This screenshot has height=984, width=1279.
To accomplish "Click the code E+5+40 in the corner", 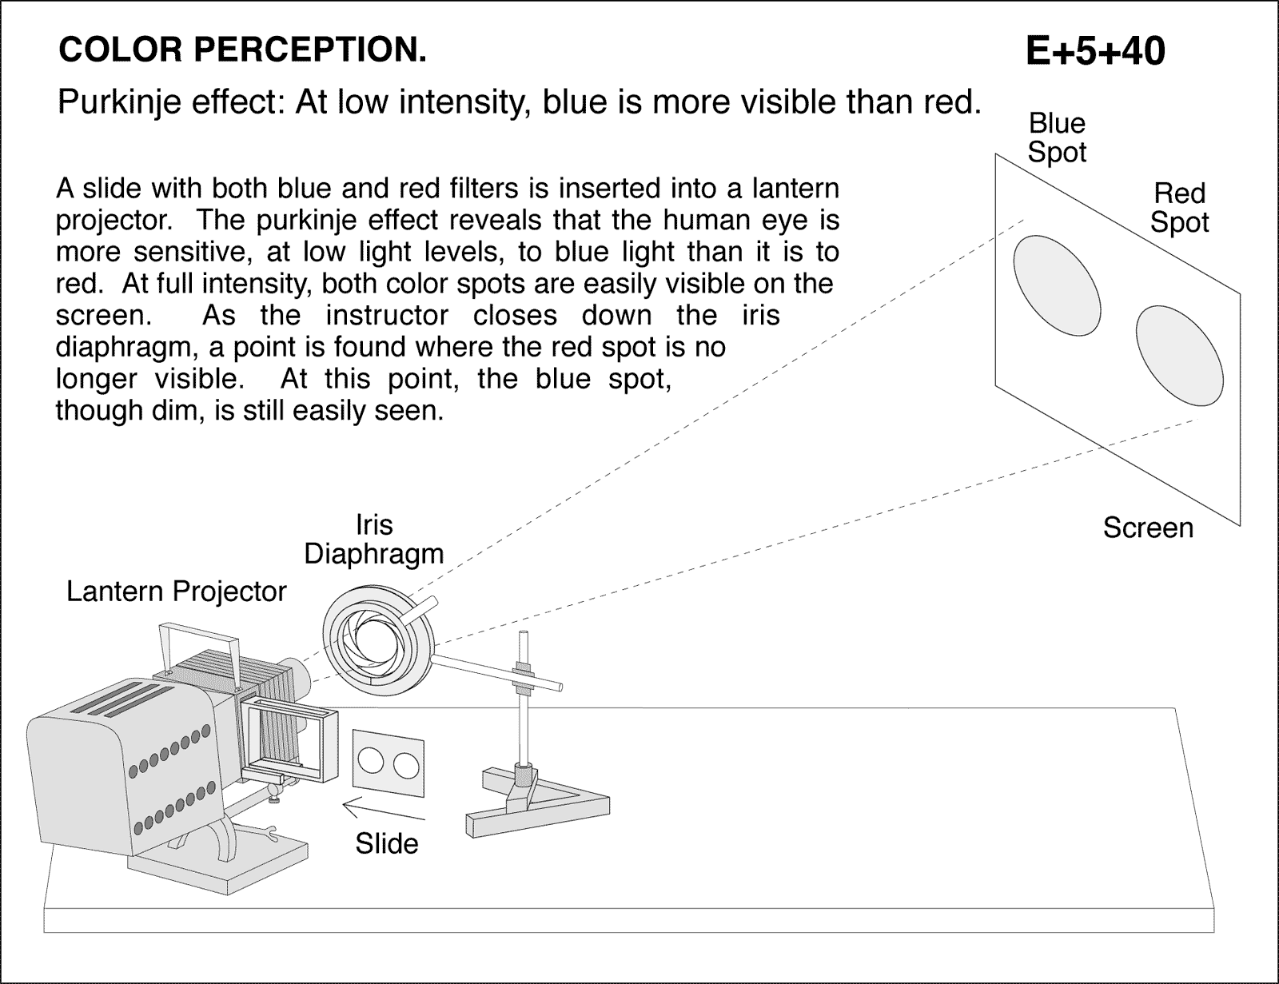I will pos(1094,51).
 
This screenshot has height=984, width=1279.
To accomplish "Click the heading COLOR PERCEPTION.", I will pos(242,50).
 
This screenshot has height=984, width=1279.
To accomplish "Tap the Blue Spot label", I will pos(1057,137).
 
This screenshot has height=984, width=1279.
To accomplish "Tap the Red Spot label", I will pos(1179,208).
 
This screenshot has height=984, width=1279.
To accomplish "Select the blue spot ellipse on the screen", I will pos(1056,285).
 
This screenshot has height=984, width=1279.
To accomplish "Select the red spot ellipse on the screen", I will pos(1179,356).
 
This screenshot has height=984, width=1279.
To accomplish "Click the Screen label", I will pos(1147,528).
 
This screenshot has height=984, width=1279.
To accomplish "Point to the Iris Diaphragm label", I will pos(373,540).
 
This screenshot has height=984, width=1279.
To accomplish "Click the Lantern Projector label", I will pos(176,592).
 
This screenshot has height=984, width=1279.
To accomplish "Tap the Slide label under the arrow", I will pos(386,843).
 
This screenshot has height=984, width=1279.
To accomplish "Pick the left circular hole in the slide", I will pos(371,761).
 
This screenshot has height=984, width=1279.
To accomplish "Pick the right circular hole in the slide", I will pos(406,765).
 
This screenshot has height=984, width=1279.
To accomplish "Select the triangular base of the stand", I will pos(537,807).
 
